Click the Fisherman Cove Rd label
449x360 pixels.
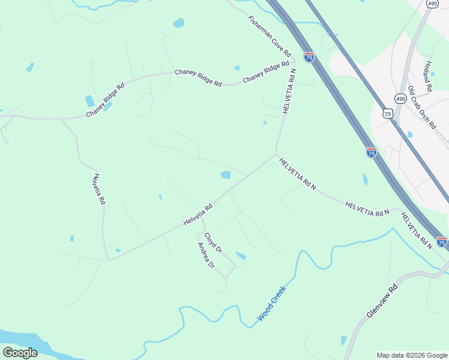coord(270,37)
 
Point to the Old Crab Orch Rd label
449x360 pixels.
coord(421,107)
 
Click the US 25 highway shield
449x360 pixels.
coord(388,113)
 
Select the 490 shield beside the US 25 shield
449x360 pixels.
coord(400,98)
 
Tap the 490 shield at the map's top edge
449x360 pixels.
coord(432,4)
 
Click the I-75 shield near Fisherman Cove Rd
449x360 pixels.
coord(309,57)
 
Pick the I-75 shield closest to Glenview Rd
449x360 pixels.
coord(441,242)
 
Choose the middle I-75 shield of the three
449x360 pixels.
coord(371,152)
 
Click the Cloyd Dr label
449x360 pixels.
coord(213,242)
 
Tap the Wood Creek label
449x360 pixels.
coord(272,303)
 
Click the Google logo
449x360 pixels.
coord(20,352)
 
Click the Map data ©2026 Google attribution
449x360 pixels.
coord(412,355)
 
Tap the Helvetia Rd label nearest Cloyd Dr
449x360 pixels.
coord(198,216)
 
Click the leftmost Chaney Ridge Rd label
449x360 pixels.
coord(105,100)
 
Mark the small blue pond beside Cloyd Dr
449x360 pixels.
coord(240,256)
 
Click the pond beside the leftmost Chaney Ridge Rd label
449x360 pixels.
coord(90,101)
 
